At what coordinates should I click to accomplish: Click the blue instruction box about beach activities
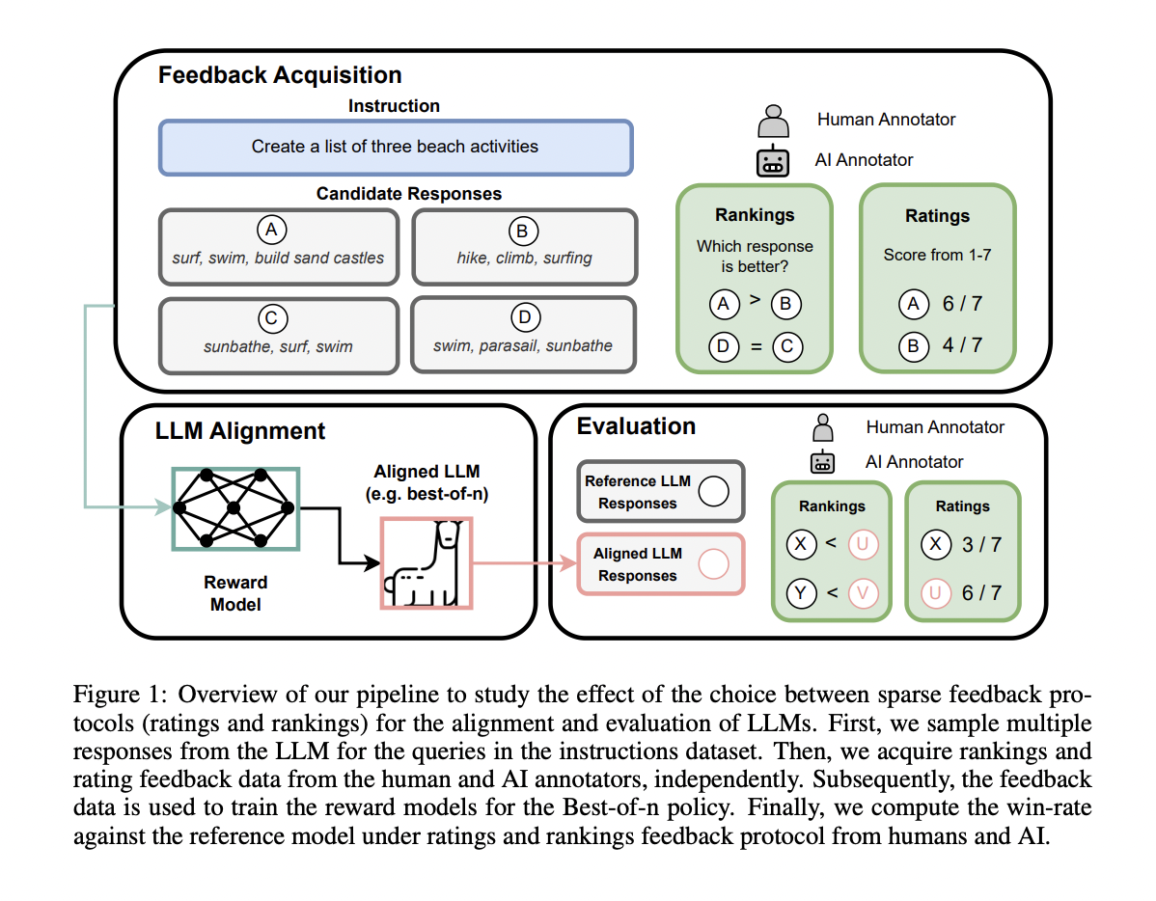point(395,147)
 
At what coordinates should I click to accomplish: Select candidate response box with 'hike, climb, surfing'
point(524,247)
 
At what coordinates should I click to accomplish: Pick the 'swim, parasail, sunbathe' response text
point(523,345)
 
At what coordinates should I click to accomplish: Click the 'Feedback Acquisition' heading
point(280,75)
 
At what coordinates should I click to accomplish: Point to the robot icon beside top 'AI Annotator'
point(772,160)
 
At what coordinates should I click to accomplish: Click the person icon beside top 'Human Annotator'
point(772,122)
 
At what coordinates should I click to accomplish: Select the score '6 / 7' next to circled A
point(962,304)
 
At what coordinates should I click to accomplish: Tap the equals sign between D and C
point(755,344)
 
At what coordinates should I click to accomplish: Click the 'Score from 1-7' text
point(937,255)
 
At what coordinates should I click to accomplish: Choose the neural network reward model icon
point(234,507)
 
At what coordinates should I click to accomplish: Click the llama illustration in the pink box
point(426,563)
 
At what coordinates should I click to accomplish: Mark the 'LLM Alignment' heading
point(240,431)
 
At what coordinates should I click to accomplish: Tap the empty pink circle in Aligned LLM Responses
point(713,563)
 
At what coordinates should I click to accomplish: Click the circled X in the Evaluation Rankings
point(801,546)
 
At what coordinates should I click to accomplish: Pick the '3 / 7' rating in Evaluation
point(981,545)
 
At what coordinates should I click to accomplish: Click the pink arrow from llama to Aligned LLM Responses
point(521,563)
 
